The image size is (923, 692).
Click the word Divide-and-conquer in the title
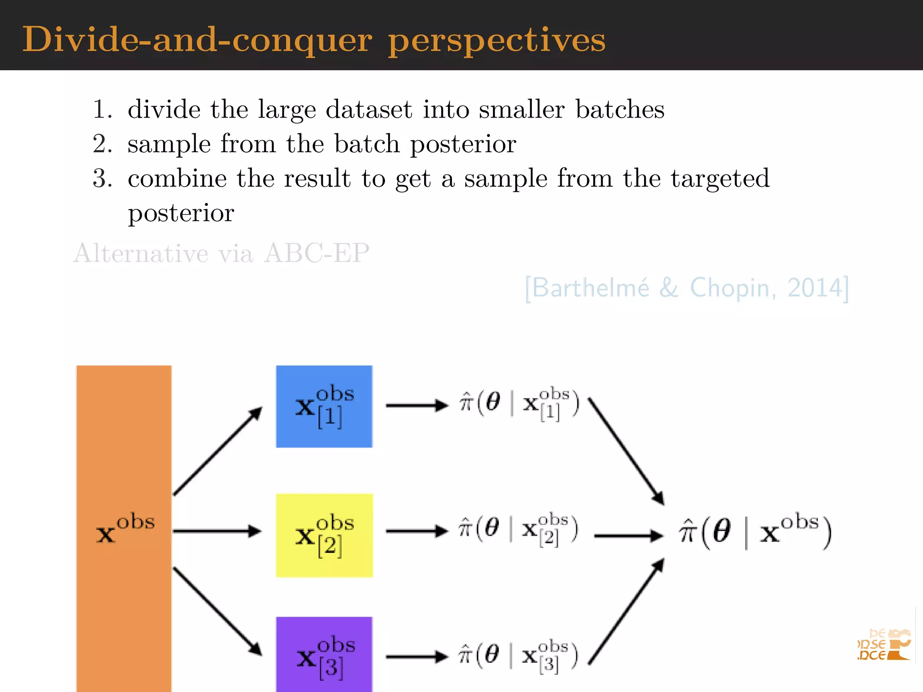tap(197, 40)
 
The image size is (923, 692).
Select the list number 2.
tap(102, 144)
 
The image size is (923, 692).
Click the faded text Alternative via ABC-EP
tap(221, 253)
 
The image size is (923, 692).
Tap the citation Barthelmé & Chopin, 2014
tap(686, 288)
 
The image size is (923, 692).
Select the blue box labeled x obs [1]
tap(324, 406)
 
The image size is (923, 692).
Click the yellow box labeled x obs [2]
tap(324, 535)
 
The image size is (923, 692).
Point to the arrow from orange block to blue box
tap(217, 451)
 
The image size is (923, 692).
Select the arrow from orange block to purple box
tap(217, 611)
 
